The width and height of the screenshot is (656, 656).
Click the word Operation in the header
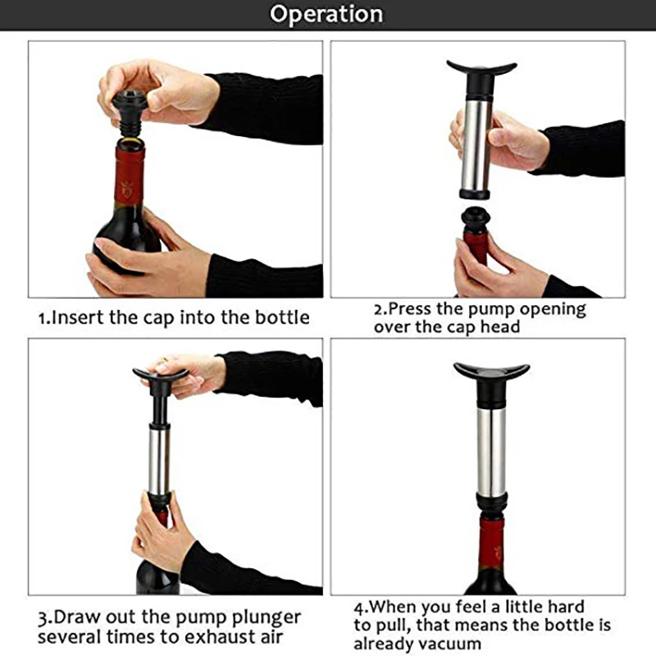(326, 15)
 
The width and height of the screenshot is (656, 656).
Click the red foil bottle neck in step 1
(129, 175)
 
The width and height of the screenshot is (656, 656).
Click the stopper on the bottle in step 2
(476, 220)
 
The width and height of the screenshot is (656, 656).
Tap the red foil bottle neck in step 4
(491, 543)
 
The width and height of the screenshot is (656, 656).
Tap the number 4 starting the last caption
(358, 608)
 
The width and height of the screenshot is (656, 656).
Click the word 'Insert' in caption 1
(78, 317)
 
